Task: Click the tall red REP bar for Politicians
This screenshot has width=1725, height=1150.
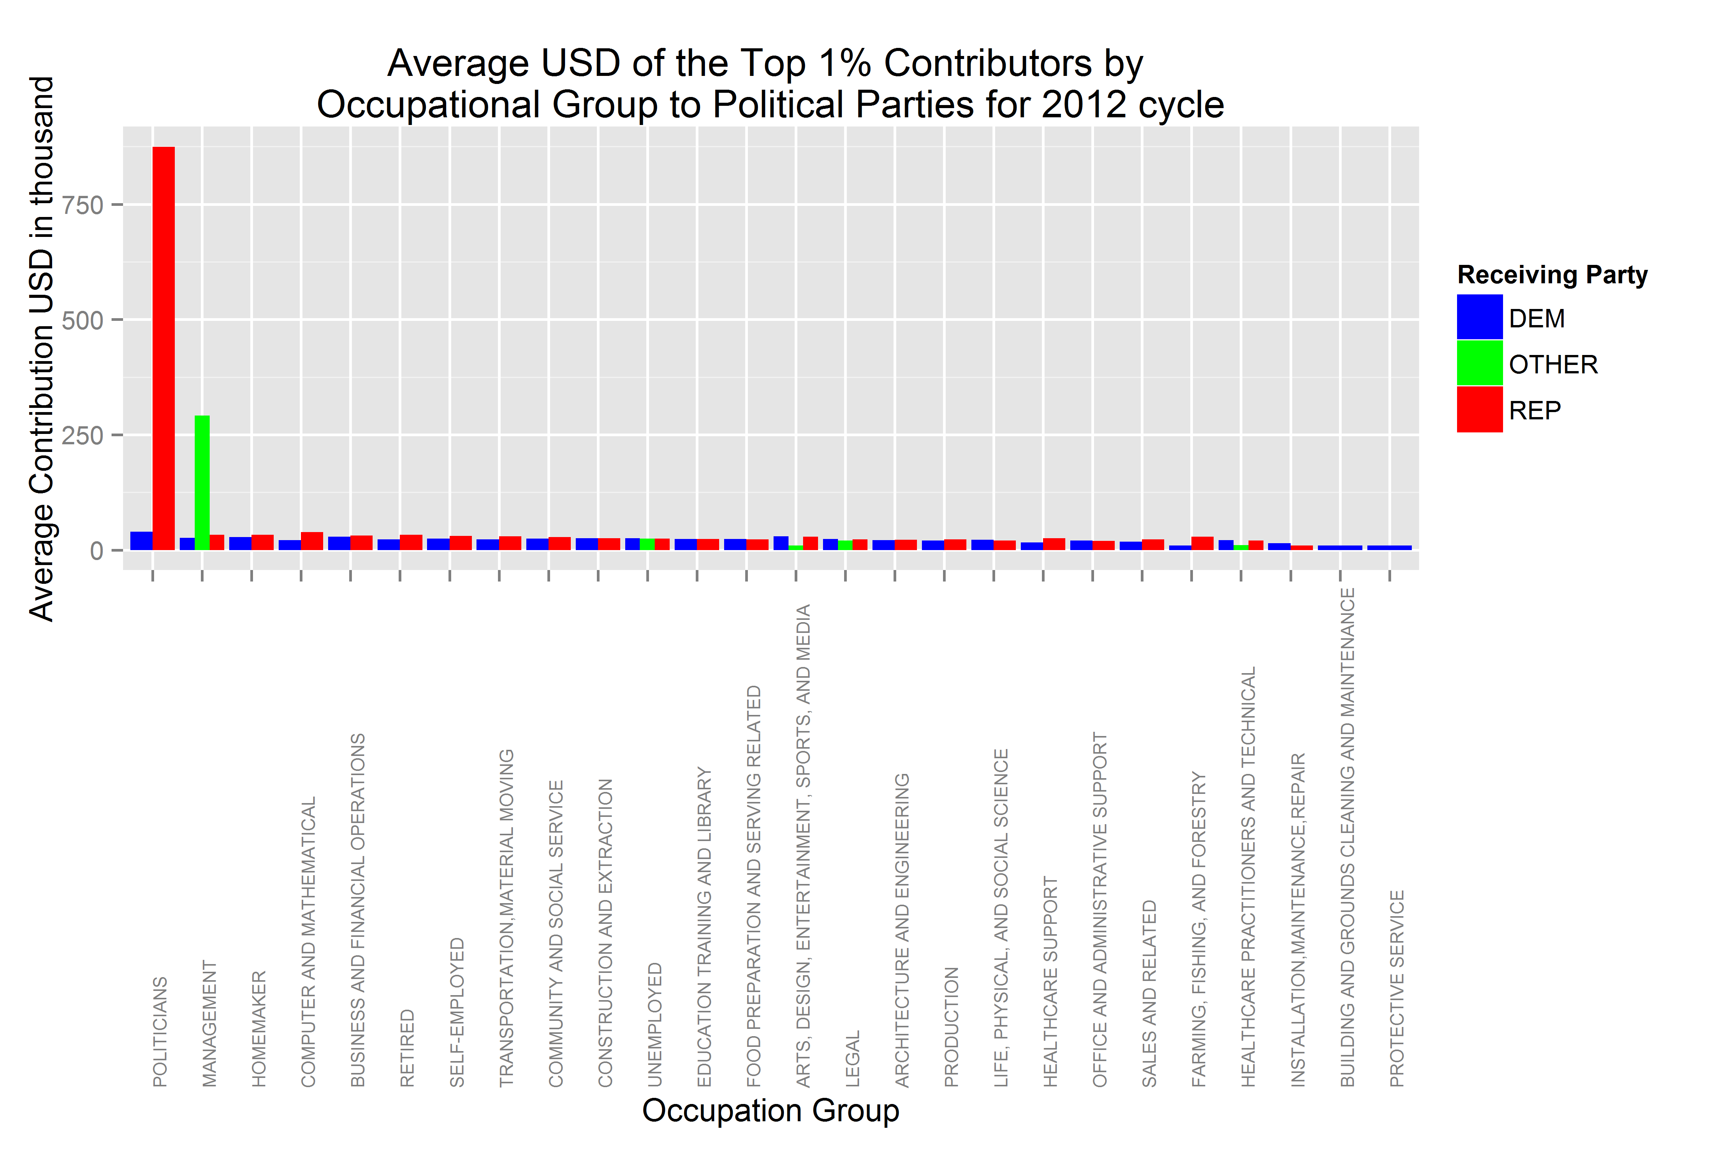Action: click(164, 348)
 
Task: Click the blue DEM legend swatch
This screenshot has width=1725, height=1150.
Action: click(1479, 317)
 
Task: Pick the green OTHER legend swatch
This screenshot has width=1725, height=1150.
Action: click(1479, 363)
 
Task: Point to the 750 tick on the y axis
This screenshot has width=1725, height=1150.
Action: click(82, 205)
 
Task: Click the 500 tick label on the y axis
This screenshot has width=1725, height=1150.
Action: click(82, 320)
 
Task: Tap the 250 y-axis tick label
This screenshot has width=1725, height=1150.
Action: click(82, 435)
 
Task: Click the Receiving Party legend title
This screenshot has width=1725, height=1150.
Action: click(1552, 274)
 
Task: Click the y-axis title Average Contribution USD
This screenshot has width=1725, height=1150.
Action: click(42, 348)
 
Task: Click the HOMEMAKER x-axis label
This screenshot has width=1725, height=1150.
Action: click(259, 1028)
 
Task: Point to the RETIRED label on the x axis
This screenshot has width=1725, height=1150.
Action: click(407, 1047)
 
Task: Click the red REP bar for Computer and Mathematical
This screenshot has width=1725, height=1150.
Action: click(312, 541)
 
